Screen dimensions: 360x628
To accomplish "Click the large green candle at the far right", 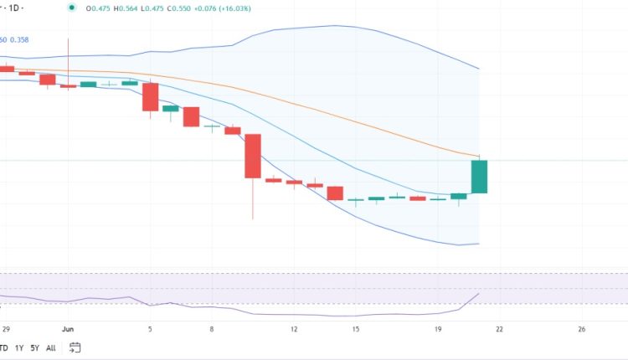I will click(480, 176).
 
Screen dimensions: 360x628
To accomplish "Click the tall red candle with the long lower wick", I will click(253, 156).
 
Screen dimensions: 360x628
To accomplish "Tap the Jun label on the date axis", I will click(69, 329).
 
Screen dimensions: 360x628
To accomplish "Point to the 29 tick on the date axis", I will click(8, 329).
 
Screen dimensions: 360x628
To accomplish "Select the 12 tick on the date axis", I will click(294, 329).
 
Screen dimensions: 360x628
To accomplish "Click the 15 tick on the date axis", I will click(356, 329).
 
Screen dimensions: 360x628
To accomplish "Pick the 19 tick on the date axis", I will click(438, 329).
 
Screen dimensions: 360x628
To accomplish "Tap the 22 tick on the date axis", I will click(499, 329).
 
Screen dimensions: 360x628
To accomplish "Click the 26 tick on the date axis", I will click(581, 329).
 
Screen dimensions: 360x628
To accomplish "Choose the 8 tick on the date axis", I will click(213, 329).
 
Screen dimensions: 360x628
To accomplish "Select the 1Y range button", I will click(18, 348).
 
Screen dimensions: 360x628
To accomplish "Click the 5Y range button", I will click(34, 348).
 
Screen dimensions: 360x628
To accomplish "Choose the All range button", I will click(51, 348).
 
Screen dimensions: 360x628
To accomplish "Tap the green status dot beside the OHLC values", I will click(72, 8).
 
